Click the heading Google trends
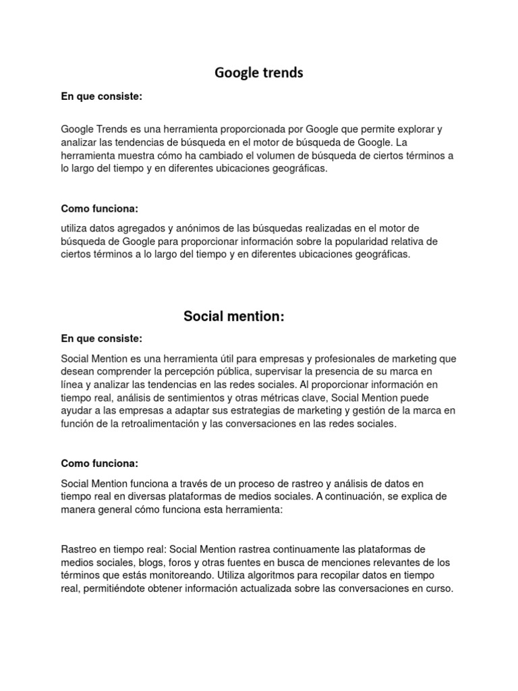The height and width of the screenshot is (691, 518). [x=259, y=73]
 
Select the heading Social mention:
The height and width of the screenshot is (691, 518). [x=234, y=316]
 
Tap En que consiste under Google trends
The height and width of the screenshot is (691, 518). [x=102, y=96]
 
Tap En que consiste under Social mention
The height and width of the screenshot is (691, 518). [x=102, y=338]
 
